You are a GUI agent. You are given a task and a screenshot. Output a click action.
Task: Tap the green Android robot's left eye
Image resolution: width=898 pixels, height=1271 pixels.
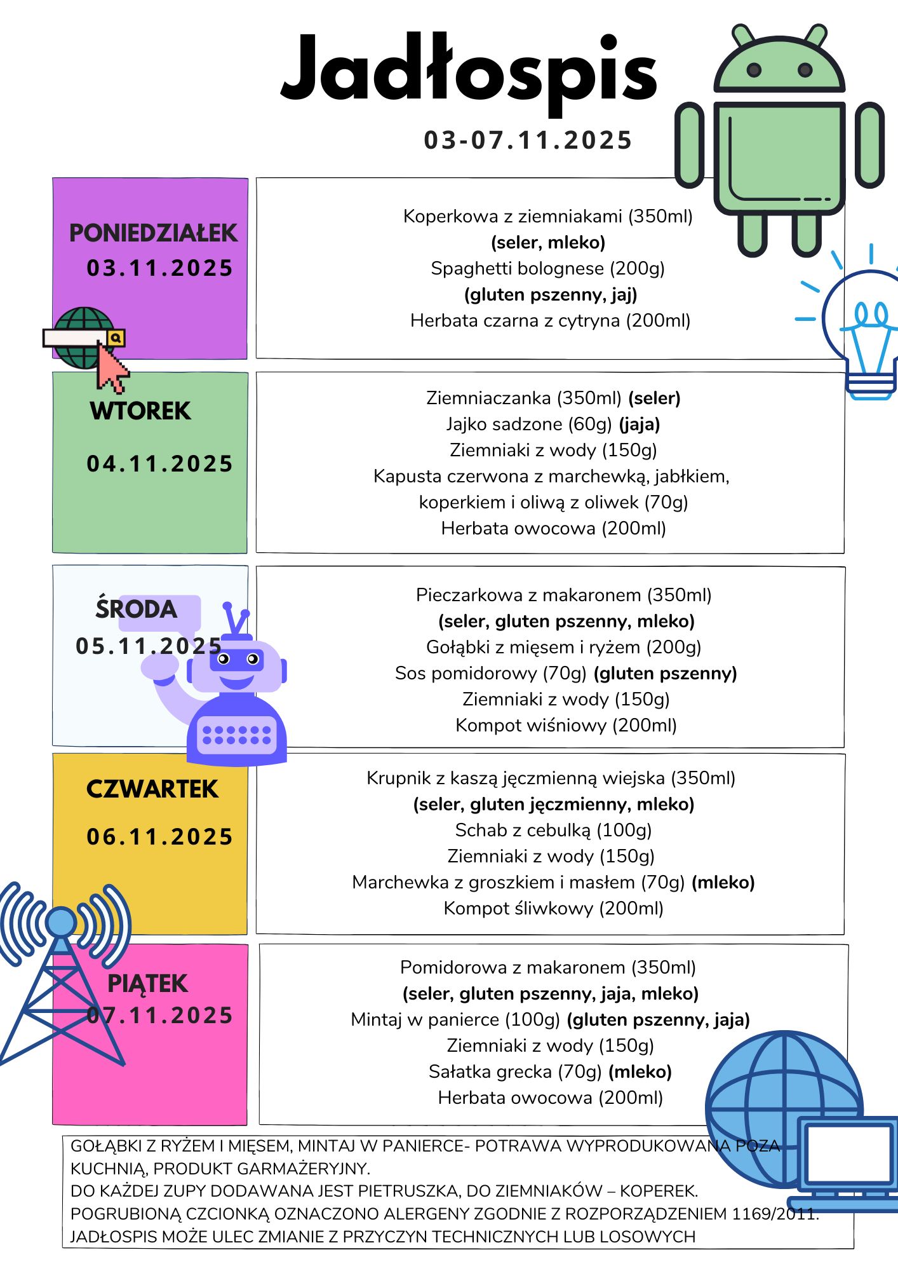(x=754, y=69)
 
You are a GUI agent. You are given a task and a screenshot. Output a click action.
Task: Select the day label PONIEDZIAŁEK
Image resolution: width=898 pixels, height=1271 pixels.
(x=153, y=233)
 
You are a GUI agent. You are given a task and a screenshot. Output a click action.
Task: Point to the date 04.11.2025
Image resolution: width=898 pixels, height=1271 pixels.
(x=159, y=464)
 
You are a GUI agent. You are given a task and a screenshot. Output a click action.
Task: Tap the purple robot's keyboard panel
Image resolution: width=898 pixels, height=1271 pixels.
(x=236, y=735)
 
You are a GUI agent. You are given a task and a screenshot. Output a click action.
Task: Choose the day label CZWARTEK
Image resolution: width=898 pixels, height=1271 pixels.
(x=152, y=789)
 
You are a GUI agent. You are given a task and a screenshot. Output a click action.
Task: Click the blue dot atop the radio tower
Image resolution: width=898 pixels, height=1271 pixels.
(x=61, y=920)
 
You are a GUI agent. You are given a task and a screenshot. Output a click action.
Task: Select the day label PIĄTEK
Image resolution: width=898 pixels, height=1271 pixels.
(x=147, y=984)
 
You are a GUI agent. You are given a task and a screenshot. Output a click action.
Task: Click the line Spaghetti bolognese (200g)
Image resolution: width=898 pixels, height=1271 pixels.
(x=547, y=268)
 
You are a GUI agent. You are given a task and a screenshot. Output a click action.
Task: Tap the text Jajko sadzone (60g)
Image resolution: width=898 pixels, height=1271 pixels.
(x=530, y=424)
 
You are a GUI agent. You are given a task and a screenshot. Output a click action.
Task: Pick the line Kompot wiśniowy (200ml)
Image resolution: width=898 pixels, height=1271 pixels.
(x=566, y=725)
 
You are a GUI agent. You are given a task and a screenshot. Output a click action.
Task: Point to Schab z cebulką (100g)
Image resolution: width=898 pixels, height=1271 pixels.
(x=553, y=830)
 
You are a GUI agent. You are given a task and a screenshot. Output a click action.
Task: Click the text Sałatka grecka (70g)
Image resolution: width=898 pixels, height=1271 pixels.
(x=514, y=1071)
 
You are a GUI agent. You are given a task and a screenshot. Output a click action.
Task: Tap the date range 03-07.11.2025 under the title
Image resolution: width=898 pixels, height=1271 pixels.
(x=528, y=140)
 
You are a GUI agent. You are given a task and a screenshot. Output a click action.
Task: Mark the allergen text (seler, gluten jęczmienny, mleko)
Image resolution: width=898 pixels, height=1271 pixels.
(x=554, y=804)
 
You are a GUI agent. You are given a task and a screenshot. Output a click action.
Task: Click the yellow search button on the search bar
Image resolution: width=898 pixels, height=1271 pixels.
(x=116, y=338)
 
